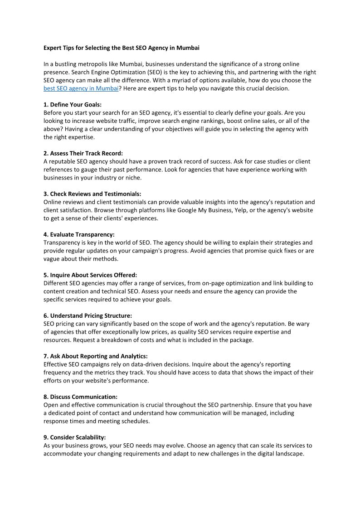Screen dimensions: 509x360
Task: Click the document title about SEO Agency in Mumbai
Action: pos(121,48)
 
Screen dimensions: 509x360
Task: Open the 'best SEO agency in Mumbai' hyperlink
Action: pos(81,88)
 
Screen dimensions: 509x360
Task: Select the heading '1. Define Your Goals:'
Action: pos(73,105)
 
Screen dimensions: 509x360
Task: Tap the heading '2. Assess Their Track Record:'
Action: pos(83,153)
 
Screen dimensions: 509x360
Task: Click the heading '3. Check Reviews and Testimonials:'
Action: pos(92,194)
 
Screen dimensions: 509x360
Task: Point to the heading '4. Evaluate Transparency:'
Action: pos(79,234)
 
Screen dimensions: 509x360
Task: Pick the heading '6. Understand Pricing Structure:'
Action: pos(88,315)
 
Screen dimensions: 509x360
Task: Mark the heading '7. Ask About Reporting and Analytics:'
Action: pos(95,356)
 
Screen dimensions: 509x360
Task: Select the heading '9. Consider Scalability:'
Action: pos(74,437)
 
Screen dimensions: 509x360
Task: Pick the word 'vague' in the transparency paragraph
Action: pos(52,259)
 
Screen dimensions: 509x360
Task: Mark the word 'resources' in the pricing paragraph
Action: pos(58,340)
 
